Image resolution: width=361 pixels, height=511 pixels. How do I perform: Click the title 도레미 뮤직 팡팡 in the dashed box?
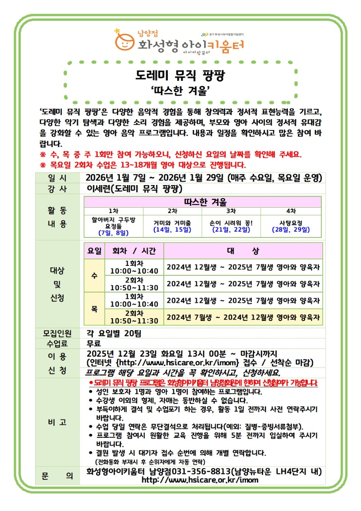(x=180, y=75)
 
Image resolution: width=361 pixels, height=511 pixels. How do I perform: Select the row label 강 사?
(x=57, y=189)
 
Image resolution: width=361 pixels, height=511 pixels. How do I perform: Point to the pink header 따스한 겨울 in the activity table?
(x=203, y=202)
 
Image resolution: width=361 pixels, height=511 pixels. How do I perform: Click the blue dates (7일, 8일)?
(x=114, y=233)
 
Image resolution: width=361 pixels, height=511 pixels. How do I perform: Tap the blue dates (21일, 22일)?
(x=231, y=230)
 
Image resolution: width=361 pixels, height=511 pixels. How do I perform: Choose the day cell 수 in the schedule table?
(x=94, y=275)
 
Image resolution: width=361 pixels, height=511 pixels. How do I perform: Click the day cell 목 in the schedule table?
(x=94, y=309)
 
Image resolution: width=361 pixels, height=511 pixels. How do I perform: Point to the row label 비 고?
(x=57, y=422)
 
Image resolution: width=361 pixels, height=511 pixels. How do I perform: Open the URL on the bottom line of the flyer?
(x=200, y=480)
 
